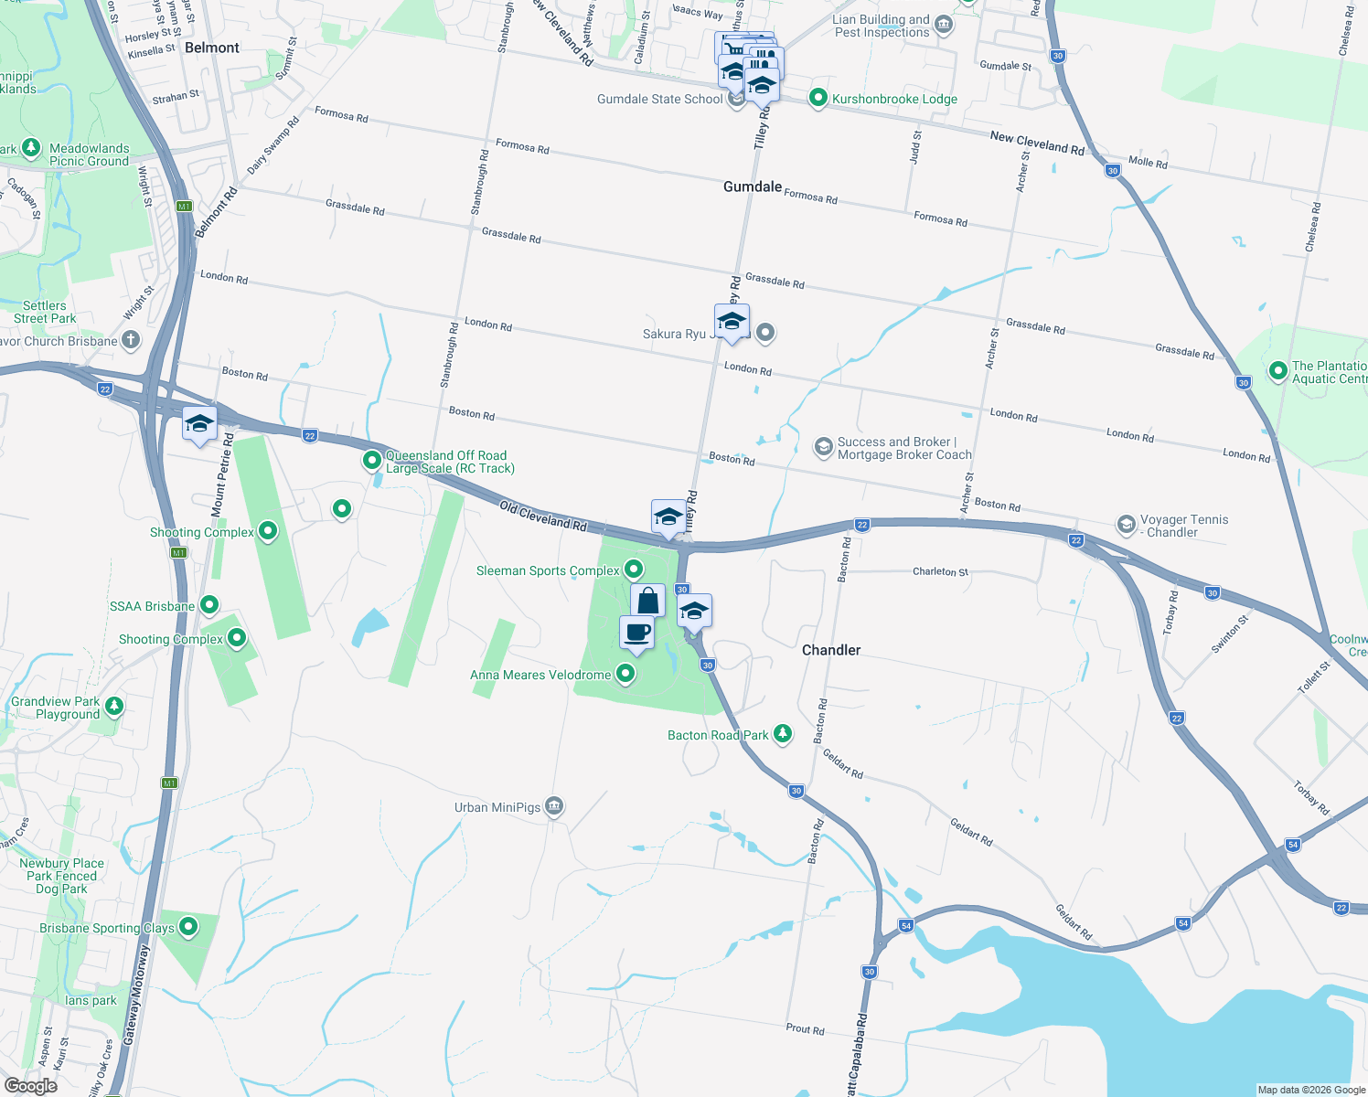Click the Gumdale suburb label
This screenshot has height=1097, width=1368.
[x=753, y=186]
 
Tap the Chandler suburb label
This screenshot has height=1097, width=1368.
[x=831, y=650]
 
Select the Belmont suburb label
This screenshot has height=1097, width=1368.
[x=211, y=48]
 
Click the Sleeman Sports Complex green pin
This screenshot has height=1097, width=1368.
[x=634, y=570]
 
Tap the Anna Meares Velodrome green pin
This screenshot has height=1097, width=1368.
[x=625, y=675]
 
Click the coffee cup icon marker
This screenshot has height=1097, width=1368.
[x=637, y=633]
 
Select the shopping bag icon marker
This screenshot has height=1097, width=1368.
[x=648, y=601]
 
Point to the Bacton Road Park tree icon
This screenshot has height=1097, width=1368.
[x=783, y=734]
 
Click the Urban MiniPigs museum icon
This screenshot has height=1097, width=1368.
[x=553, y=806]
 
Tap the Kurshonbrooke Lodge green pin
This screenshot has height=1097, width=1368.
[x=818, y=98]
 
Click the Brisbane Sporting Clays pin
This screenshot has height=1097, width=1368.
[x=188, y=927]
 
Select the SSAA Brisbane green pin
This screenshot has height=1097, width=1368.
[x=209, y=605]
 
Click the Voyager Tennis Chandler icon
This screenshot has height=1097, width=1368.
[x=1126, y=525]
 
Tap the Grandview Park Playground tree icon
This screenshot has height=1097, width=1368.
[x=114, y=706]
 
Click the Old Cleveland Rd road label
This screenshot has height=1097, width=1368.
[x=542, y=516]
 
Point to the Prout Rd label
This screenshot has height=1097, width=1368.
[x=805, y=1029]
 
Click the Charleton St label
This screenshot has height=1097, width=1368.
[x=940, y=571]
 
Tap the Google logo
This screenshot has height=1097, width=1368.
[x=31, y=1085]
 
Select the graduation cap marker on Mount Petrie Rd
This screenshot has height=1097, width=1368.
[x=199, y=424]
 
